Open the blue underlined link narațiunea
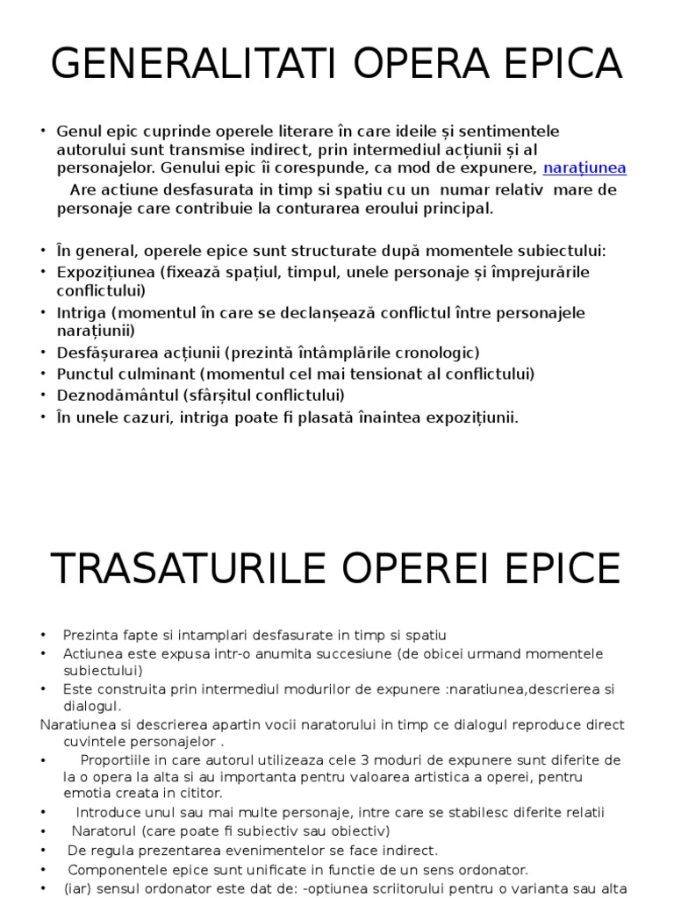coord(584,168)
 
